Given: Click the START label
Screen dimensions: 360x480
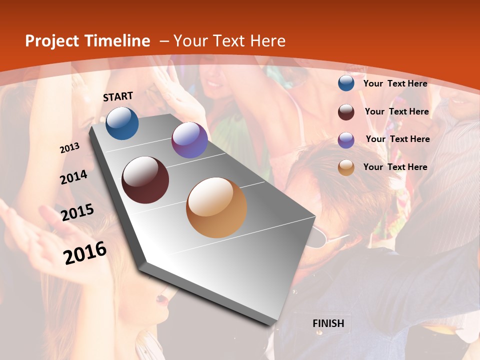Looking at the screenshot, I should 118,96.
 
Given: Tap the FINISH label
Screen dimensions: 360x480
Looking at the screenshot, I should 328,323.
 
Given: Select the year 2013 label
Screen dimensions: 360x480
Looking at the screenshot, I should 70,148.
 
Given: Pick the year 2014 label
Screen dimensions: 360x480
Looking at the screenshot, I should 74,177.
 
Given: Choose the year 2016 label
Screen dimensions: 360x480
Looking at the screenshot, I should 85,252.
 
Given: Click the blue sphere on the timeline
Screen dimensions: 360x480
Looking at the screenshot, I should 122,123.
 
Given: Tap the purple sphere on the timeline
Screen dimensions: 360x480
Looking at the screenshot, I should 189,140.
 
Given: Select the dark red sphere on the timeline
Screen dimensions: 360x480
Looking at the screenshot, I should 145,180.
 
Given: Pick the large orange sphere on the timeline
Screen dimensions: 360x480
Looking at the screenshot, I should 216,207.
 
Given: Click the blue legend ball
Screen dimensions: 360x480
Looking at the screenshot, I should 346,83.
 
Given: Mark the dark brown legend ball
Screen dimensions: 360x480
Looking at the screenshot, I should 346,112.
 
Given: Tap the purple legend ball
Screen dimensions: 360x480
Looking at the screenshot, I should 346,140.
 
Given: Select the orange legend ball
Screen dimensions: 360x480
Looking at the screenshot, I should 346,167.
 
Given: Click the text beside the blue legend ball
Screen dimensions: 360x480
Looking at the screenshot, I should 395,83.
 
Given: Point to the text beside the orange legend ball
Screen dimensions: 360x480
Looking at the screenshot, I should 395,167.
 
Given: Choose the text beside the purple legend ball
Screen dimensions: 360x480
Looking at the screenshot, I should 397,139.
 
